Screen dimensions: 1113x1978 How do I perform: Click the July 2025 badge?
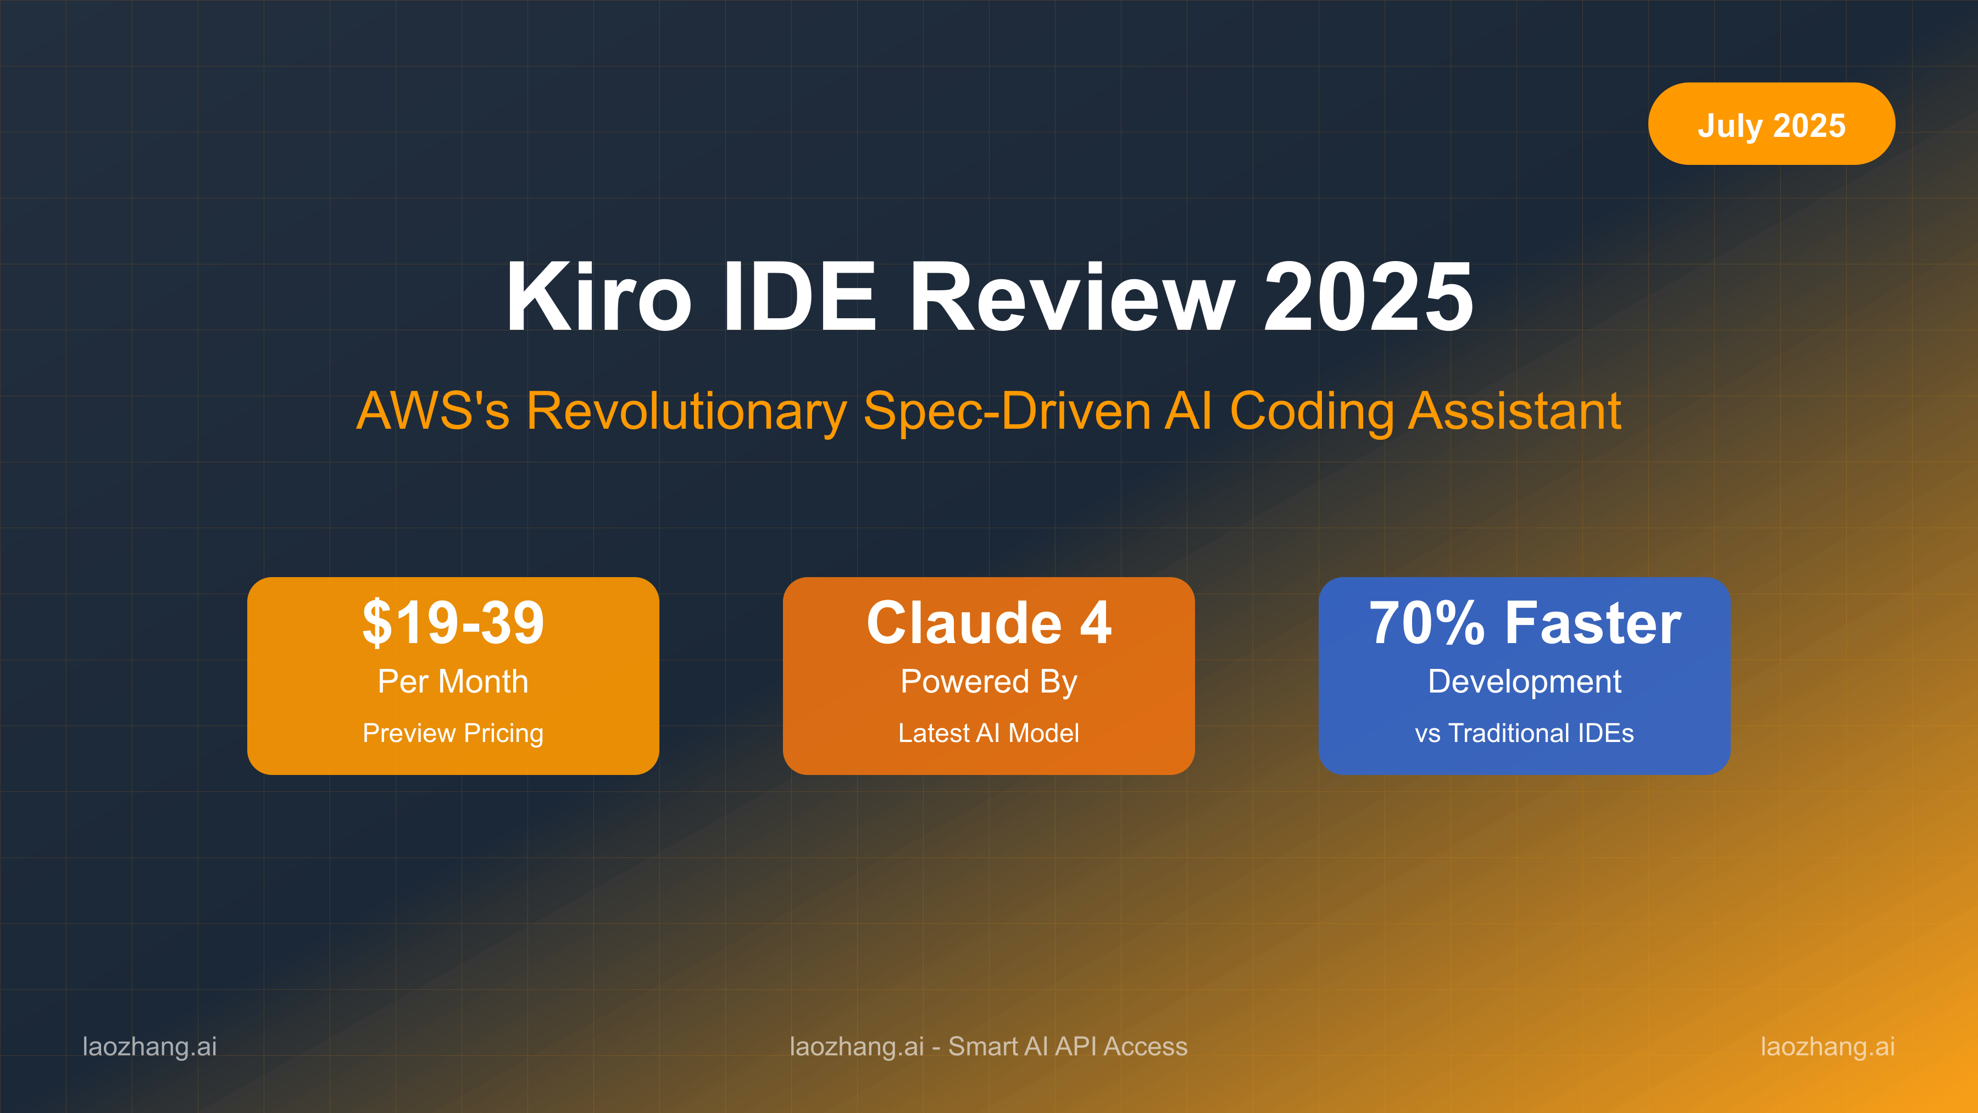(x=1771, y=124)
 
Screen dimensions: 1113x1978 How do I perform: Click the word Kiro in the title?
(x=598, y=297)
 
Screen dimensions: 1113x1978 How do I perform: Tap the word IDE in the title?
(x=799, y=297)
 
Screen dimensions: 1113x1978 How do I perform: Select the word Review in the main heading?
(x=1072, y=297)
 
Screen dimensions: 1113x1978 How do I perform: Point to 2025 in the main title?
(x=1368, y=297)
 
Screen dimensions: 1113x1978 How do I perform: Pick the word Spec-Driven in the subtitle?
(x=1006, y=411)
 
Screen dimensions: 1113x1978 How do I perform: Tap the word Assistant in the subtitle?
(x=1514, y=411)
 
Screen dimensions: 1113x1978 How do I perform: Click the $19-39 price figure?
(x=453, y=622)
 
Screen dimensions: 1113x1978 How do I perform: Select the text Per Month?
(x=453, y=682)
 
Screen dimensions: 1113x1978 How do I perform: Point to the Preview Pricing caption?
(x=453, y=733)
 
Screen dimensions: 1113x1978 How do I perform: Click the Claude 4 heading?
(x=988, y=622)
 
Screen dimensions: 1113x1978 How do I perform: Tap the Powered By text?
(x=988, y=682)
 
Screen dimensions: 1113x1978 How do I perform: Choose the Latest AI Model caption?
(x=988, y=733)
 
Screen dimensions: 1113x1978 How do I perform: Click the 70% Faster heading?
(x=1524, y=622)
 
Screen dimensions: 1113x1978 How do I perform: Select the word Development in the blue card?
(x=1524, y=682)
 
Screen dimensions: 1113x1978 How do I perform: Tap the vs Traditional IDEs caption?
(x=1524, y=733)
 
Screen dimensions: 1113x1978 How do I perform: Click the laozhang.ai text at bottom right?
(x=1827, y=1046)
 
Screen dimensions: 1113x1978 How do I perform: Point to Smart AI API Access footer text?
(x=1068, y=1046)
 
